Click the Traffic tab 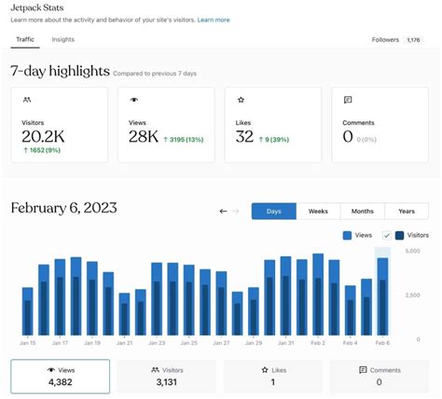pos(24,40)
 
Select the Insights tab pos(63,40)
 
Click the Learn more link pos(214,20)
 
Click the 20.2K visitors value pos(43,136)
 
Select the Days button pos(273,211)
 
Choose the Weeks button pos(317,211)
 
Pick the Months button pos(362,211)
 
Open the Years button pos(407,211)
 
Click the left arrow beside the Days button pos(224,211)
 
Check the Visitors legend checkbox pos(386,236)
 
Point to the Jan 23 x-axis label pos(157,343)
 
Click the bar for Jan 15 pos(28,311)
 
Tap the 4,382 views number pos(60,381)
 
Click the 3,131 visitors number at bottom pos(166,381)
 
